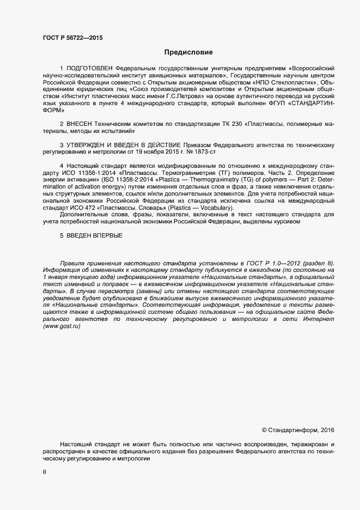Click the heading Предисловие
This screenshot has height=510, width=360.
(x=188, y=53)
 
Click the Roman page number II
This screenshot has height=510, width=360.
(x=44, y=473)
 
